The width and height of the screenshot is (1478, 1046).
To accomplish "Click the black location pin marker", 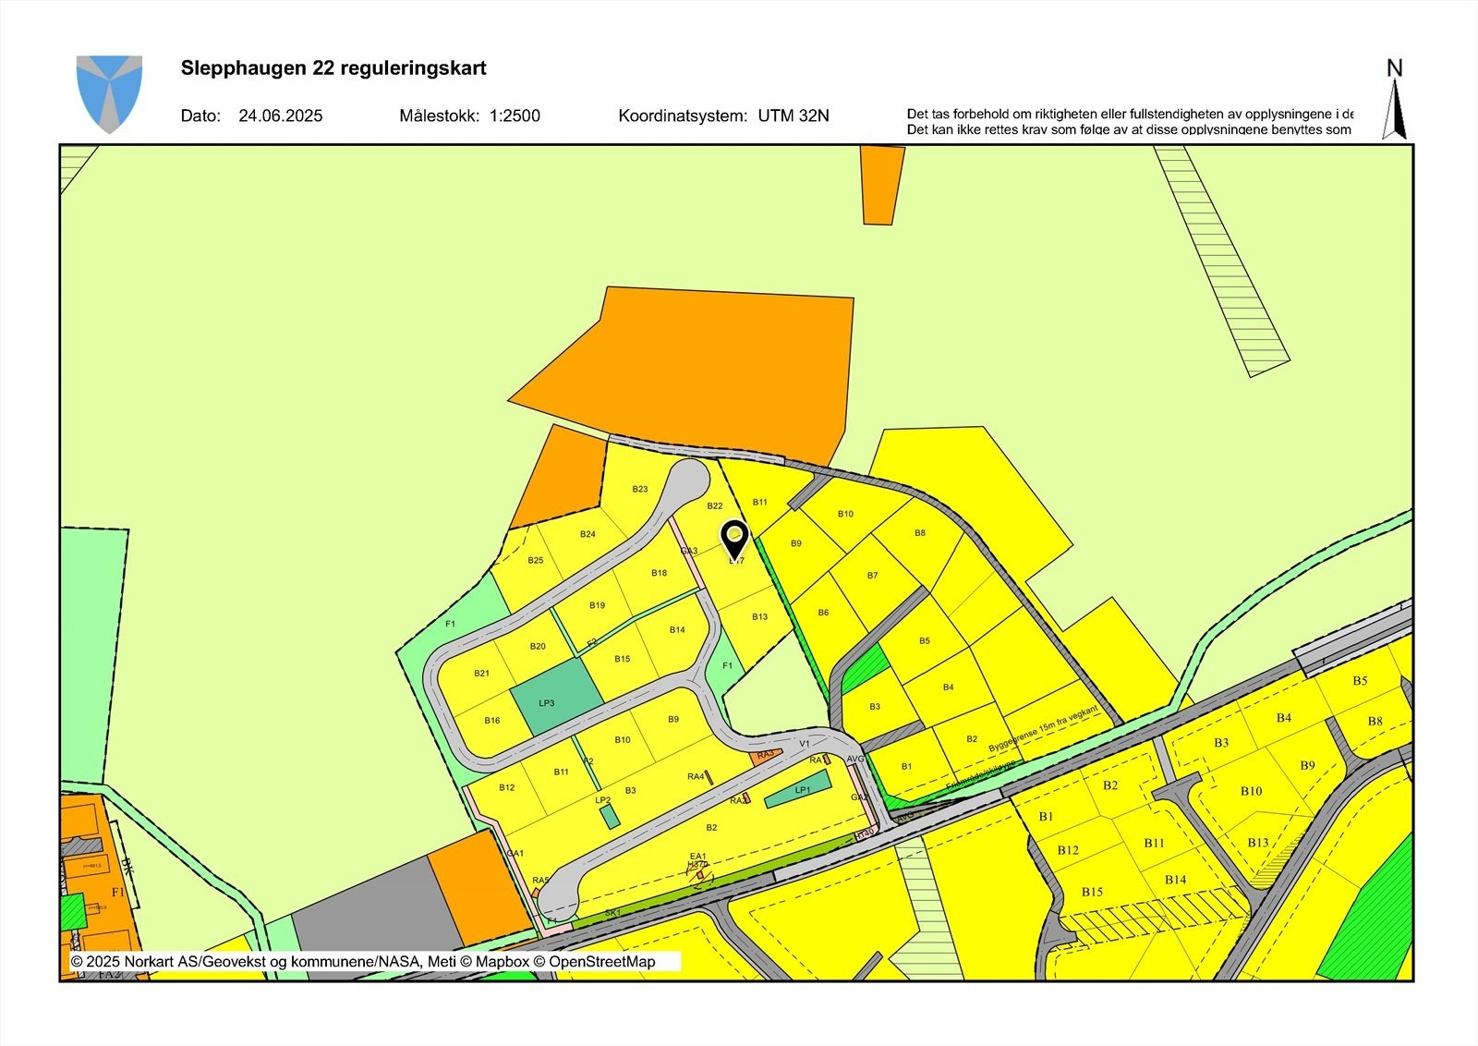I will pyautogui.click(x=734, y=537).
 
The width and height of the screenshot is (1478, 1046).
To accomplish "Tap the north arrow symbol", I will pyautogui.click(x=1394, y=100).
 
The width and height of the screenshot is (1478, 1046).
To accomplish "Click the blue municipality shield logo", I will pyautogui.click(x=109, y=93).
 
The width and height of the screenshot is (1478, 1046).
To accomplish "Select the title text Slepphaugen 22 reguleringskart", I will pyautogui.click(x=333, y=68).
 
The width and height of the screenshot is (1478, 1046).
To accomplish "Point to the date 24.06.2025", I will pyautogui.click(x=280, y=116).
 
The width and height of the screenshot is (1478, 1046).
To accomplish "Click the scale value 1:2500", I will pyautogui.click(x=515, y=116).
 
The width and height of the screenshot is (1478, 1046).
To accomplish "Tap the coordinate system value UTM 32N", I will pyautogui.click(x=794, y=116).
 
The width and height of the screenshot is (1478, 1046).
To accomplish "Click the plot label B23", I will pyautogui.click(x=640, y=489).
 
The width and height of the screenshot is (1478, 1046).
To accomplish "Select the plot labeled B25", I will pyautogui.click(x=536, y=561).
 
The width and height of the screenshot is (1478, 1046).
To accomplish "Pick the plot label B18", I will pyautogui.click(x=659, y=573).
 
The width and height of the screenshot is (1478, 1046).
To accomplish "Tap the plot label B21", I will pyautogui.click(x=481, y=673).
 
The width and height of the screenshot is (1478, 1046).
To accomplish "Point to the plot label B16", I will pyautogui.click(x=492, y=720).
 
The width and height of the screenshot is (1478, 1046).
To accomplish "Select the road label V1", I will pyautogui.click(x=805, y=743).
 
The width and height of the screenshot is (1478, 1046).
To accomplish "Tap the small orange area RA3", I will pyautogui.click(x=765, y=756).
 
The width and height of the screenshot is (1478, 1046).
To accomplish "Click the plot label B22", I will pyautogui.click(x=715, y=505).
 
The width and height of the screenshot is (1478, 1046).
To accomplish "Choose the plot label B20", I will pyautogui.click(x=539, y=646).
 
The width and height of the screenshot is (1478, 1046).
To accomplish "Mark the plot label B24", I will pyautogui.click(x=588, y=534).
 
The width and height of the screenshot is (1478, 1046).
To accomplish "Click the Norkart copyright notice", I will pyautogui.click(x=363, y=962).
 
